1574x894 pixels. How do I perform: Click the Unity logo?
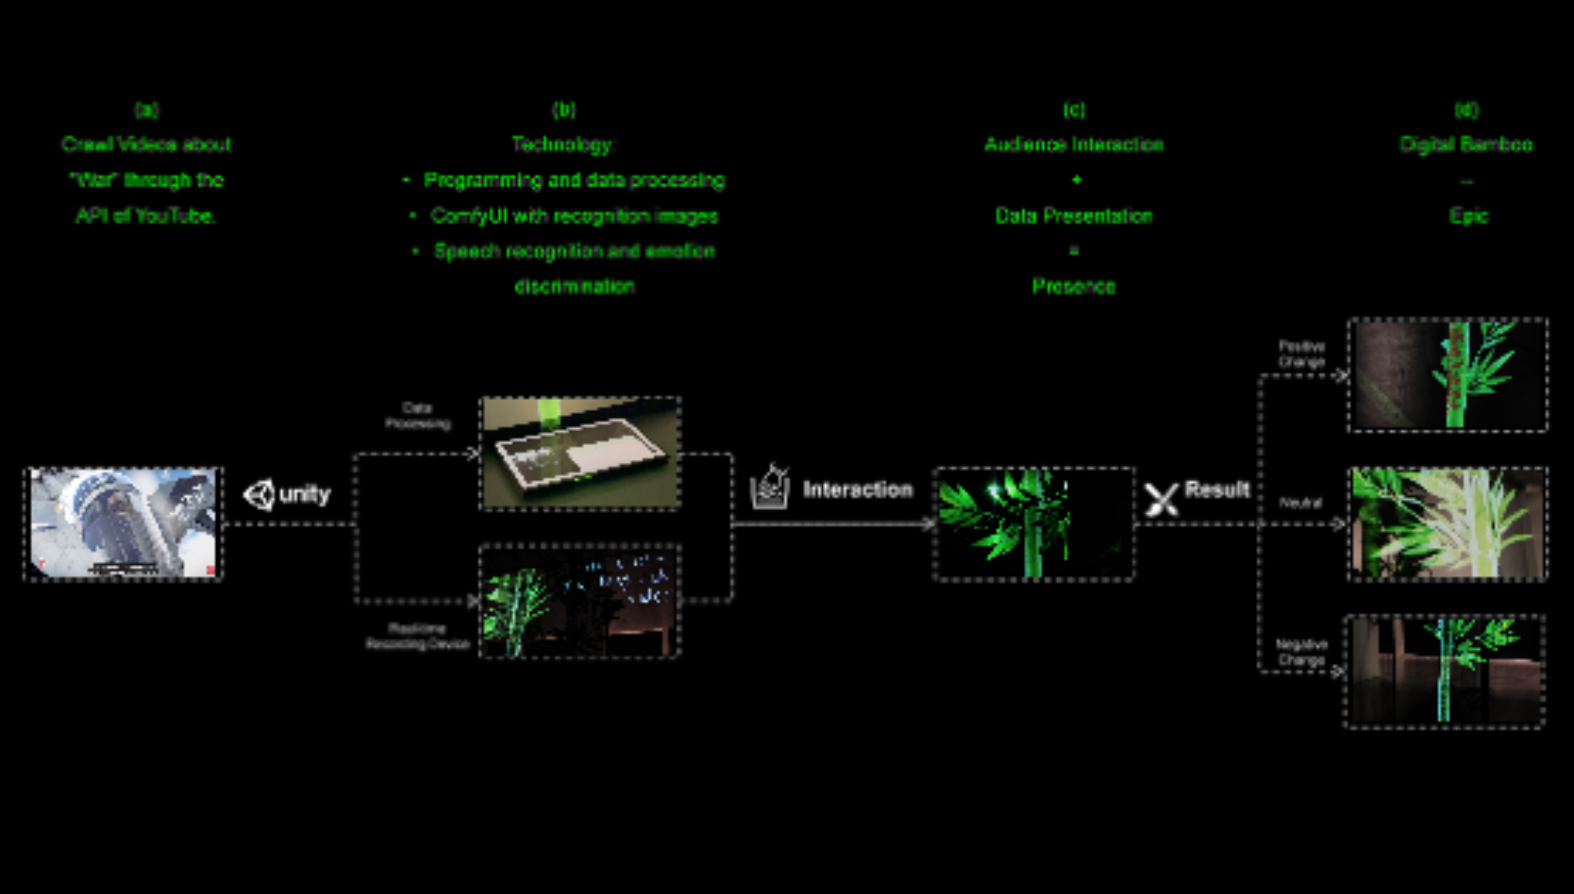260,494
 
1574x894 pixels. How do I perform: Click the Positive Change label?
1301,354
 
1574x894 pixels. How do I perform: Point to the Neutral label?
1301,503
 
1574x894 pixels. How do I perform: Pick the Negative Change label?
1301,652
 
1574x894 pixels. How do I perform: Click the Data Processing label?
418,416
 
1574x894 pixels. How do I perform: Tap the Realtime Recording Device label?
418,636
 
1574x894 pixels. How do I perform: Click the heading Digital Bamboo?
1466,144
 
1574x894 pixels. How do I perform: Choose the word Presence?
1073,286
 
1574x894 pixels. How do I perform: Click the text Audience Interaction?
1073,144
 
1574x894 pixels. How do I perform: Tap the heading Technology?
563,144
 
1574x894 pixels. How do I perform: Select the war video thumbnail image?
123,523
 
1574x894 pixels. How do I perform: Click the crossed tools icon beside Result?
1161,499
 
